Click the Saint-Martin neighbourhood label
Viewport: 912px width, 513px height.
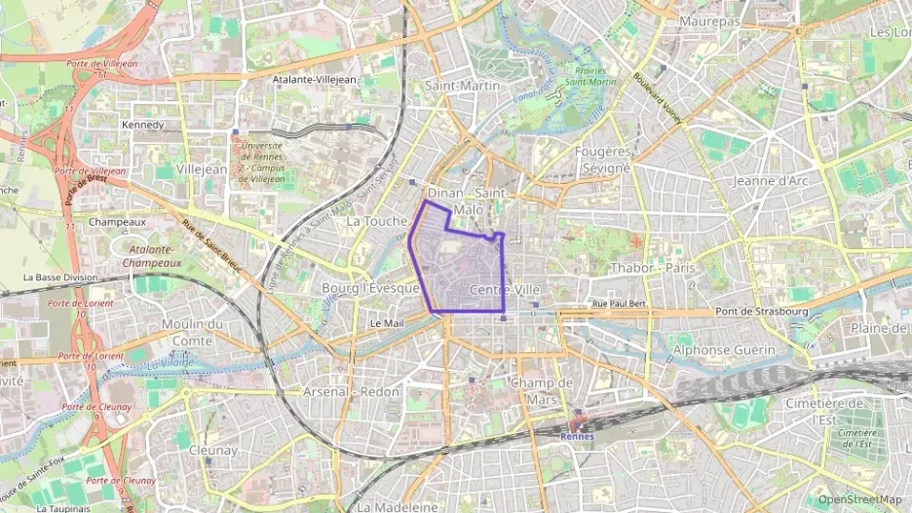(x=463, y=86)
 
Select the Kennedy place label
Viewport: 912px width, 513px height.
(x=143, y=125)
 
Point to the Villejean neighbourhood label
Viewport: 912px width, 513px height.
(x=204, y=168)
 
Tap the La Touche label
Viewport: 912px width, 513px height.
(x=376, y=221)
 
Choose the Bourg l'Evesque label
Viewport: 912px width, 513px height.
(x=370, y=288)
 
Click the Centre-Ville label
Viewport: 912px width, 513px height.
(x=504, y=290)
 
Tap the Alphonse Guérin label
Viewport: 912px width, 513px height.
(x=724, y=349)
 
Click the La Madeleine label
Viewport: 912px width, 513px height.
(x=398, y=506)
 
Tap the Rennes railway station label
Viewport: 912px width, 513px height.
(x=578, y=435)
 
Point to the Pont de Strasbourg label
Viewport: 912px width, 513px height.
(x=763, y=311)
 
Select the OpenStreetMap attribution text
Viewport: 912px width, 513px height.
(x=859, y=499)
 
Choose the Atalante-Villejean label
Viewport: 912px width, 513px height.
(x=315, y=79)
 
